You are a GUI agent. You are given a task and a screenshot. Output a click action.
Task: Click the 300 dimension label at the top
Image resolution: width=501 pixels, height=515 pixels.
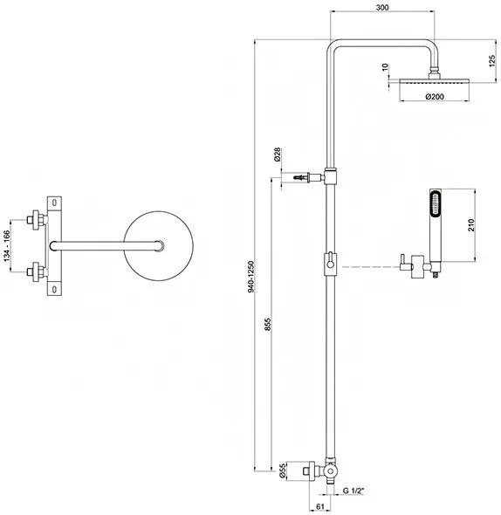(x=381, y=7)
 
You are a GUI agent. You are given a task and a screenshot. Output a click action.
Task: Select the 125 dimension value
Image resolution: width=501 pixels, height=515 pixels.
(x=491, y=61)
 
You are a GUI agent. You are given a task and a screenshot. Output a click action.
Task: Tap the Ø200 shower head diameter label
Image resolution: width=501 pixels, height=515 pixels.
(x=435, y=97)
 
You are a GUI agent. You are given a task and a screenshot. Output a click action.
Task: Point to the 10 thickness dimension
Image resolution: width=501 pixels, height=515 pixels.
(x=386, y=68)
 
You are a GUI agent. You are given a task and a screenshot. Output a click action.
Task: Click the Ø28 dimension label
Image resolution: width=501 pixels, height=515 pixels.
(x=277, y=154)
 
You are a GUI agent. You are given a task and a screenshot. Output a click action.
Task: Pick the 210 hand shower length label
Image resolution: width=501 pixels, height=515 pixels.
(x=471, y=225)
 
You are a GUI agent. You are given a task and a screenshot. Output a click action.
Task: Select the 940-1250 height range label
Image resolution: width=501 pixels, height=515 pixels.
(x=251, y=277)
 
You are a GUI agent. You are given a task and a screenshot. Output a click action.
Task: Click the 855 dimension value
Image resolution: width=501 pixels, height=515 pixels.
(x=268, y=324)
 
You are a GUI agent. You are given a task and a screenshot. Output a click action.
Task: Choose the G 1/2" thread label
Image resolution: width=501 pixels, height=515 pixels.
(x=353, y=491)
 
